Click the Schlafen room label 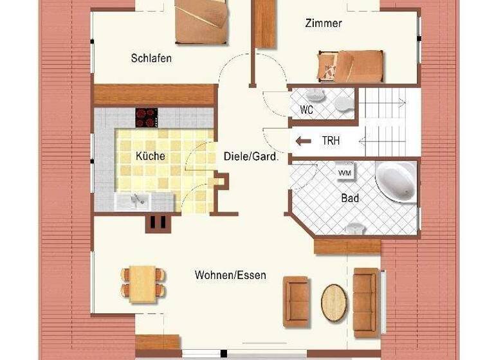151,59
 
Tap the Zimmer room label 323,23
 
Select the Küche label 151,156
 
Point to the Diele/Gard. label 251,156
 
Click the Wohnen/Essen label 230,275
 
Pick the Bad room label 350,199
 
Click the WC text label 307,110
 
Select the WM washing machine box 345,172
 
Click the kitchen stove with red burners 146,117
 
